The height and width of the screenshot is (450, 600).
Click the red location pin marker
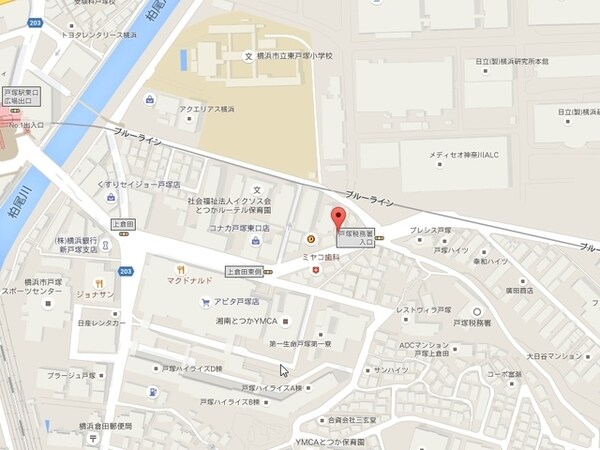(338, 219)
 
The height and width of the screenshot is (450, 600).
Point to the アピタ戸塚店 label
(236, 301)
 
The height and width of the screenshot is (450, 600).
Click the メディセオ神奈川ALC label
(469, 154)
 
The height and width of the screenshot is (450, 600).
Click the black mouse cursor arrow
(284, 370)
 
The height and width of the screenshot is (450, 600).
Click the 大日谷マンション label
(551, 355)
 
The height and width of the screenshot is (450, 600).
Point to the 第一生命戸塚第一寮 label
(300, 345)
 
